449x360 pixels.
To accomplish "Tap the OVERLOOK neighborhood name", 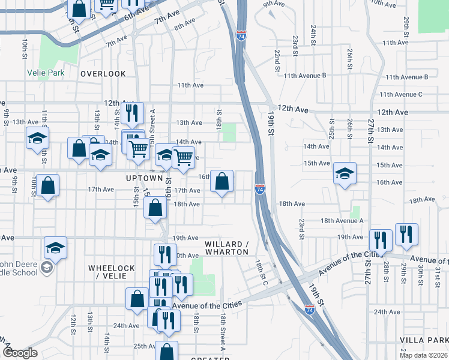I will click(103, 74).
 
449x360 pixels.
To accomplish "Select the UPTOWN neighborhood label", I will click(144, 178).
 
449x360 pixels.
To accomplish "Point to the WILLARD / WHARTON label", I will click(226, 248).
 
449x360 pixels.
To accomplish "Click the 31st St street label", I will click(437, 277).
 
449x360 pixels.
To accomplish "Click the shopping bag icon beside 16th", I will click(221, 181).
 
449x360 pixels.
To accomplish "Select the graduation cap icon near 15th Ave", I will click(345, 173).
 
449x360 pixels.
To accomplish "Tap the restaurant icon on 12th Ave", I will click(132, 112).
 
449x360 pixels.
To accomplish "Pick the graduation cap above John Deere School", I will click(55, 247).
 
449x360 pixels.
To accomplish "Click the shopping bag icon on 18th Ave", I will click(155, 208).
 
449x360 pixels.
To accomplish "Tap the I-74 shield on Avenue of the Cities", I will click(310, 310).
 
